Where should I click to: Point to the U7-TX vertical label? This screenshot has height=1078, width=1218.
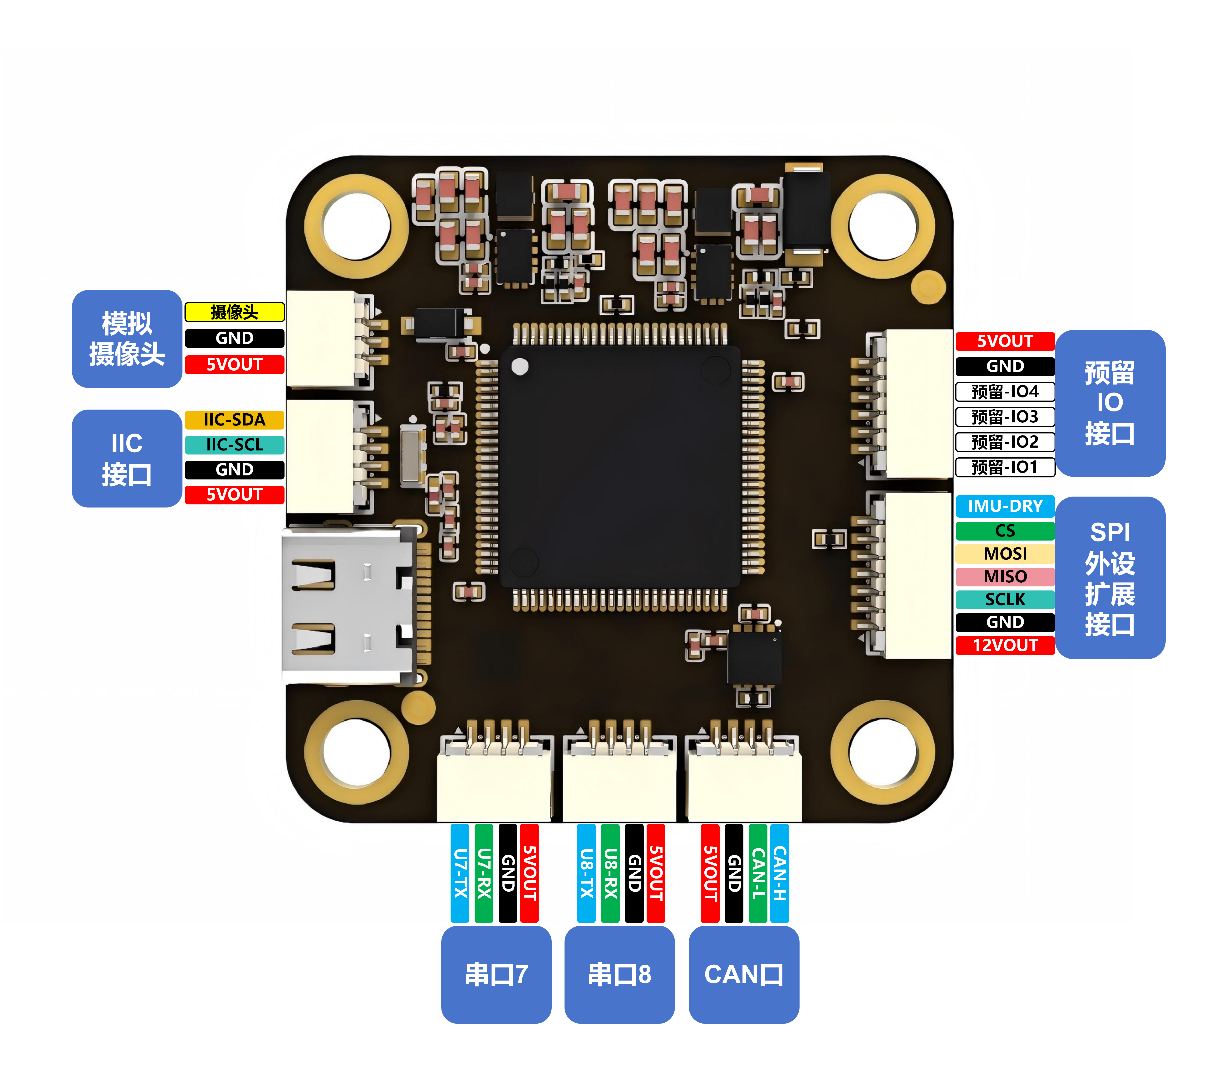(x=459, y=873)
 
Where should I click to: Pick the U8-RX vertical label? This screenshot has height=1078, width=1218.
(x=610, y=873)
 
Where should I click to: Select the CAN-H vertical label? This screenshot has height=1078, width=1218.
(x=779, y=873)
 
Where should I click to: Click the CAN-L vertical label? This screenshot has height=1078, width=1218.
(x=757, y=873)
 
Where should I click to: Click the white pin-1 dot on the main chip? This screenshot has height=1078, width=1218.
(x=520, y=366)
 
